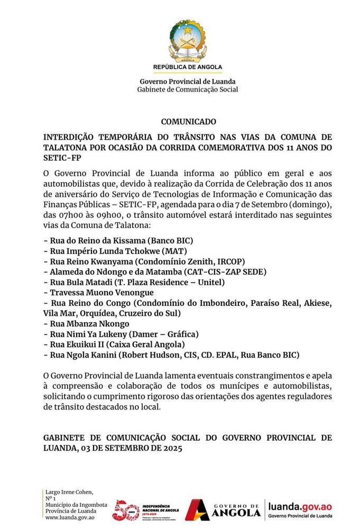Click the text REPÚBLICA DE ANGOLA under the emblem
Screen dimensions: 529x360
coord(188,67)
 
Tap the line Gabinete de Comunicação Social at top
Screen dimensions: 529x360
coord(188,89)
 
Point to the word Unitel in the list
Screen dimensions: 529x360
coord(211,282)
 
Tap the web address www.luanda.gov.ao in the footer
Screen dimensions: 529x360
coord(71,518)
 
